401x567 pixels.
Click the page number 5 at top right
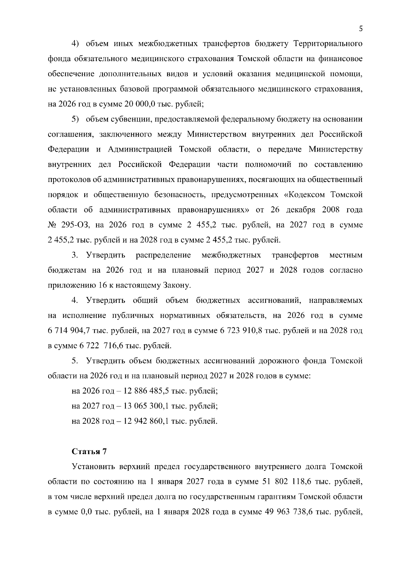click(361, 29)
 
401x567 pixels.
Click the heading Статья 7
click(89, 451)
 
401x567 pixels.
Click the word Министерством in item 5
click(216, 134)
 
